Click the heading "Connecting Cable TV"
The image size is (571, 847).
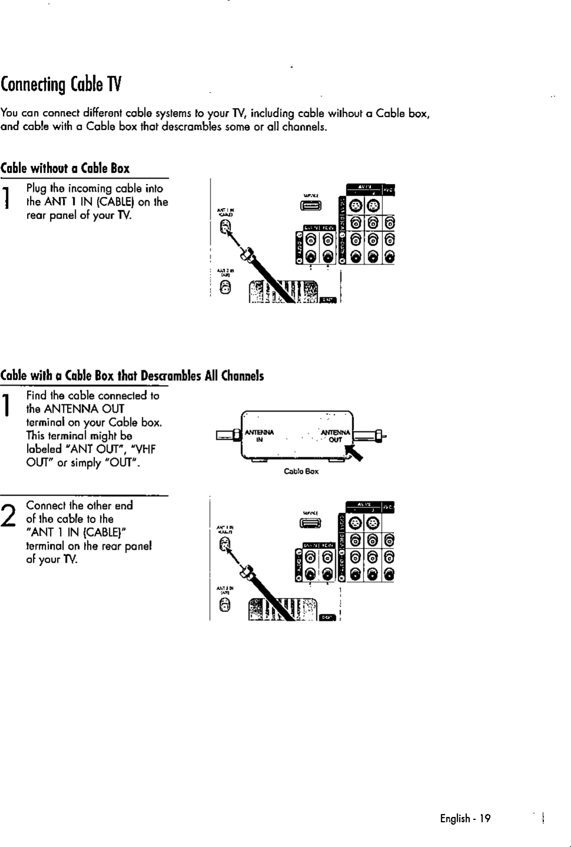pyautogui.click(x=61, y=85)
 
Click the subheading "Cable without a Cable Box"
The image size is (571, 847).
pyautogui.click(x=65, y=168)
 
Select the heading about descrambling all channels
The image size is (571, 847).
pyautogui.click(x=132, y=376)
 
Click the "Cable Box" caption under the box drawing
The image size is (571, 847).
pyautogui.click(x=300, y=471)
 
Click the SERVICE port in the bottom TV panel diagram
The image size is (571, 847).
pyautogui.click(x=312, y=524)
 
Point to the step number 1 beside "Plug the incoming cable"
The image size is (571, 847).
pyautogui.click(x=5, y=197)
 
